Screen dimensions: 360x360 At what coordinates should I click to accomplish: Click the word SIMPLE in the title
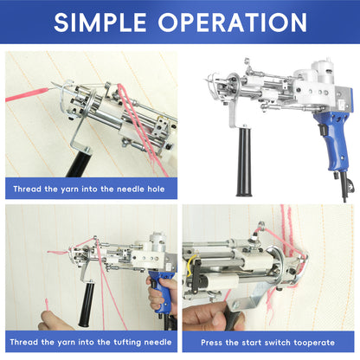[x=100, y=22]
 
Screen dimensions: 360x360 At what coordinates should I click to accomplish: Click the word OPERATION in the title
[x=233, y=22]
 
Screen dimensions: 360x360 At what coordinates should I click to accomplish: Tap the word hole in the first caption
[x=156, y=189]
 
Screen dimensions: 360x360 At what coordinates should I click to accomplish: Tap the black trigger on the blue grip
[x=322, y=130]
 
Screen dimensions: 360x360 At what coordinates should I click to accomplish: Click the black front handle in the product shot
[x=244, y=162]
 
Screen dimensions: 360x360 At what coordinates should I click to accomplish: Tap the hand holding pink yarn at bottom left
[x=55, y=321]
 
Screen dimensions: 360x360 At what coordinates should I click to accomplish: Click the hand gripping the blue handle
[x=162, y=292]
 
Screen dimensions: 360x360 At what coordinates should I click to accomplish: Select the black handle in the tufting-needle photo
[x=87, y=305]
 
